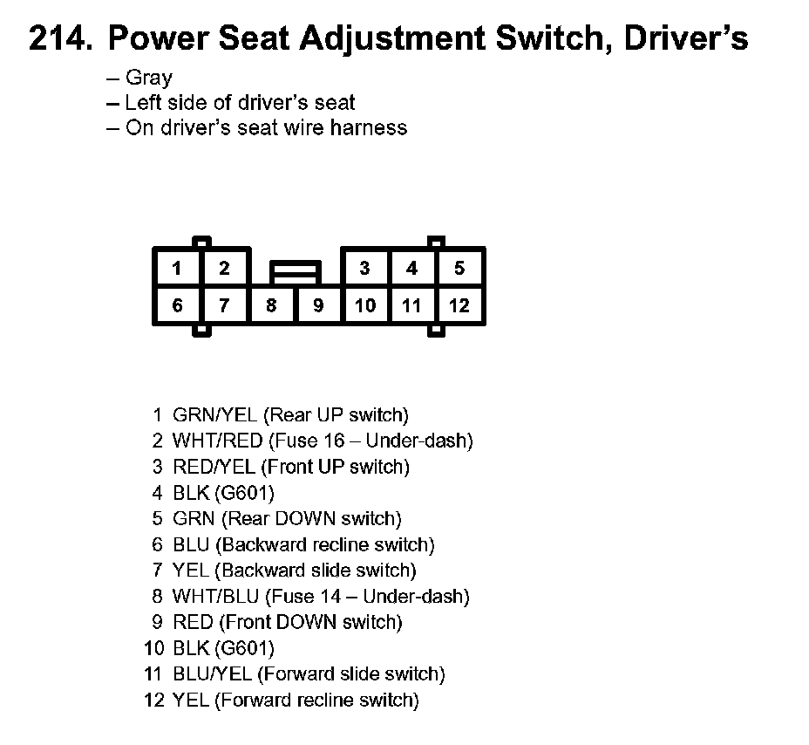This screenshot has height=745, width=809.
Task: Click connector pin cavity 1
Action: pyautogui.click(x=177, y=268)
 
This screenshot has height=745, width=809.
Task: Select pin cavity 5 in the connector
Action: pyautogui.click(x=459, y=268)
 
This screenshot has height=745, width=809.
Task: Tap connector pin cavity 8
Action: pyautogui.click(x=271, y=305)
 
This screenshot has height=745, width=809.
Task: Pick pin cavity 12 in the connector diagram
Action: pyautogui.click(x=459, y=305)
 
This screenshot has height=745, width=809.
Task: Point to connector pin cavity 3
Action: pyautogui.click(x=365, y=268)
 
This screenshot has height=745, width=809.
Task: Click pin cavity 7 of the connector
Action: pyautogui.click(x=224, y=305)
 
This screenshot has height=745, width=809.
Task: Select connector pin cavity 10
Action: pyautogui.click(x=365, y=305)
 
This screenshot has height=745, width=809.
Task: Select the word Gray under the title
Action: pyautogui.click(x=149, y=78)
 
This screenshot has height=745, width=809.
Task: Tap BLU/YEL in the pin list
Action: pyautogui.click(x=212, y=674)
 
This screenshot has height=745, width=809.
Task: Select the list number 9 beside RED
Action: pyautogui.click(x=158, y=623)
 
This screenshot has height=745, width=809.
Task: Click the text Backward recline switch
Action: pyautogui.click(x=325, y=545)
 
